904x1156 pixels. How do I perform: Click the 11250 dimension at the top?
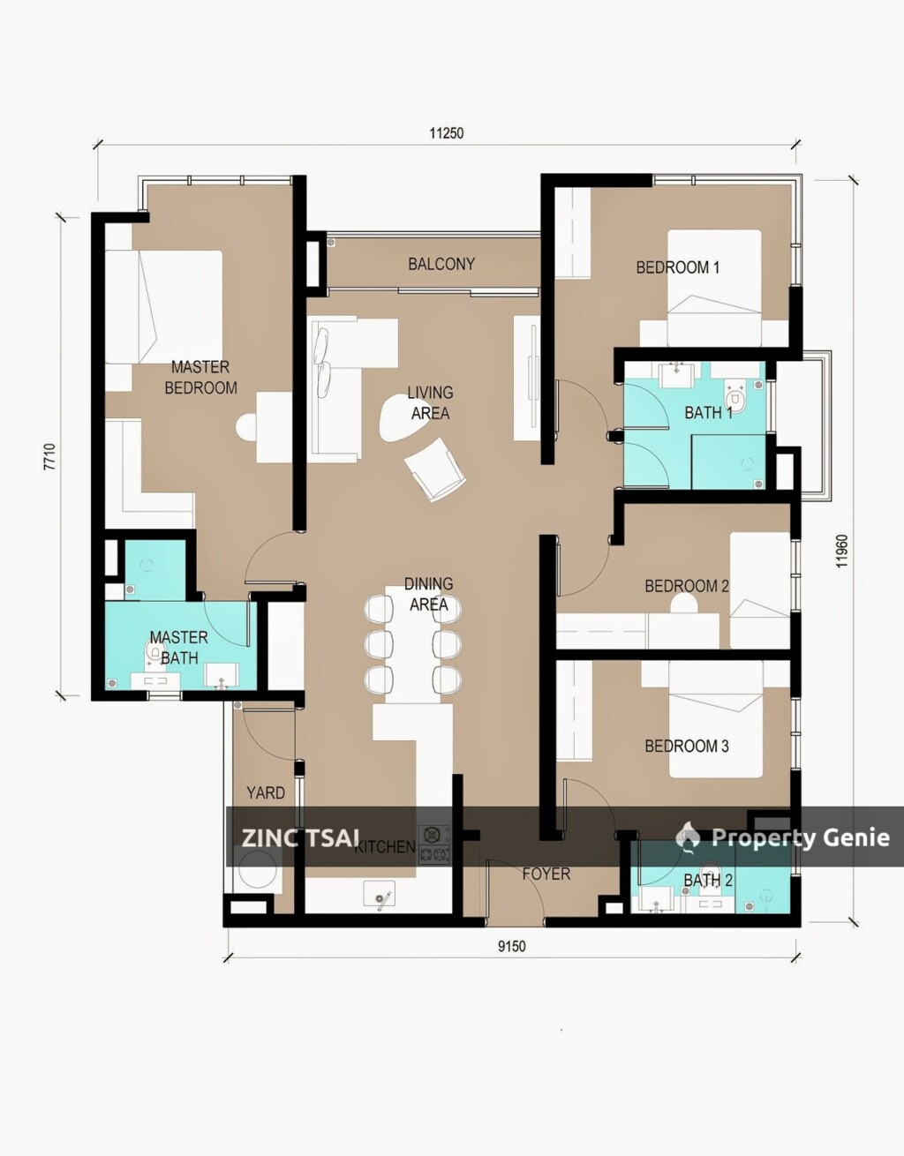(x=446, y=133)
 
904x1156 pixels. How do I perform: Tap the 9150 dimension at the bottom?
(x=511, y=947)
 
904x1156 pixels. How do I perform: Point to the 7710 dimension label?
(x=49, y=456)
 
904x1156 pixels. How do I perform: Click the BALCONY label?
(x=441, y=264)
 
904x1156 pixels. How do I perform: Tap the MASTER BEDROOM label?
(x=200, y=378)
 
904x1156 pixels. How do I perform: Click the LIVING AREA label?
(x=430, y=402)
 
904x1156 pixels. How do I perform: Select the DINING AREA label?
(x=429, y=594)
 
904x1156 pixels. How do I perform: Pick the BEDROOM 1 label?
(x=677, y=267)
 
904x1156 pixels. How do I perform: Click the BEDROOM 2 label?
(x=686, y=586)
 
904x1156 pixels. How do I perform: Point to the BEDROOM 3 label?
(x=686, y=746)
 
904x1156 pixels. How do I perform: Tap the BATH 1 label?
(x=708, y=412)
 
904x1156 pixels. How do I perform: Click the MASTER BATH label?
(x=179, y=647)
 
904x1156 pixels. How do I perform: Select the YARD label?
(x=266, y=792)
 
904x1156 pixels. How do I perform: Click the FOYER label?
(x=546, y=874)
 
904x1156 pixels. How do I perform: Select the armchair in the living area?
(x=435, y=469)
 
